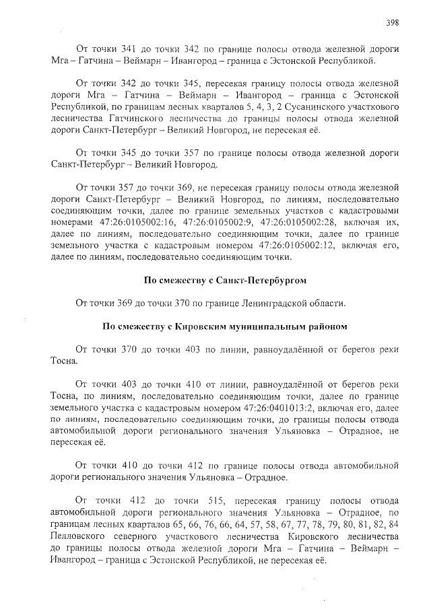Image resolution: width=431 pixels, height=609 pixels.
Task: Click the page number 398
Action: (393, 22)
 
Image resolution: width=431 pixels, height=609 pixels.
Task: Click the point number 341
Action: (128, 49)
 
